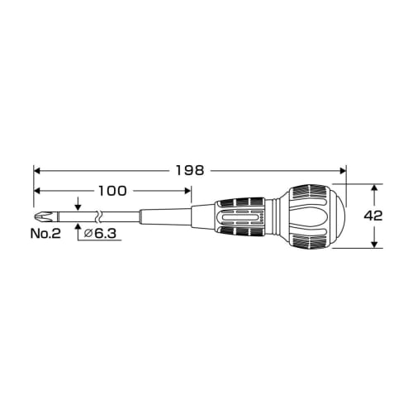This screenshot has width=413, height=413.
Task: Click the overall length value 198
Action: point(191,170)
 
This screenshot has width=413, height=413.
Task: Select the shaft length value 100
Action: point(112,191)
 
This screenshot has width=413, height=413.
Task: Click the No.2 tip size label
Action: point(47,235)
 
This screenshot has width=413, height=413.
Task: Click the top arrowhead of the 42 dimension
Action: point(374,189)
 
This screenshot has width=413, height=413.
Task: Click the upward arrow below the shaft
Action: point(77,226)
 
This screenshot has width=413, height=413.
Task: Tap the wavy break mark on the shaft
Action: point(98,216)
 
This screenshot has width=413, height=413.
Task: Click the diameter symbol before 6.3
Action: point(89,235)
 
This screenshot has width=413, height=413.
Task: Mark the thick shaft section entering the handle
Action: point(202,216)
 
